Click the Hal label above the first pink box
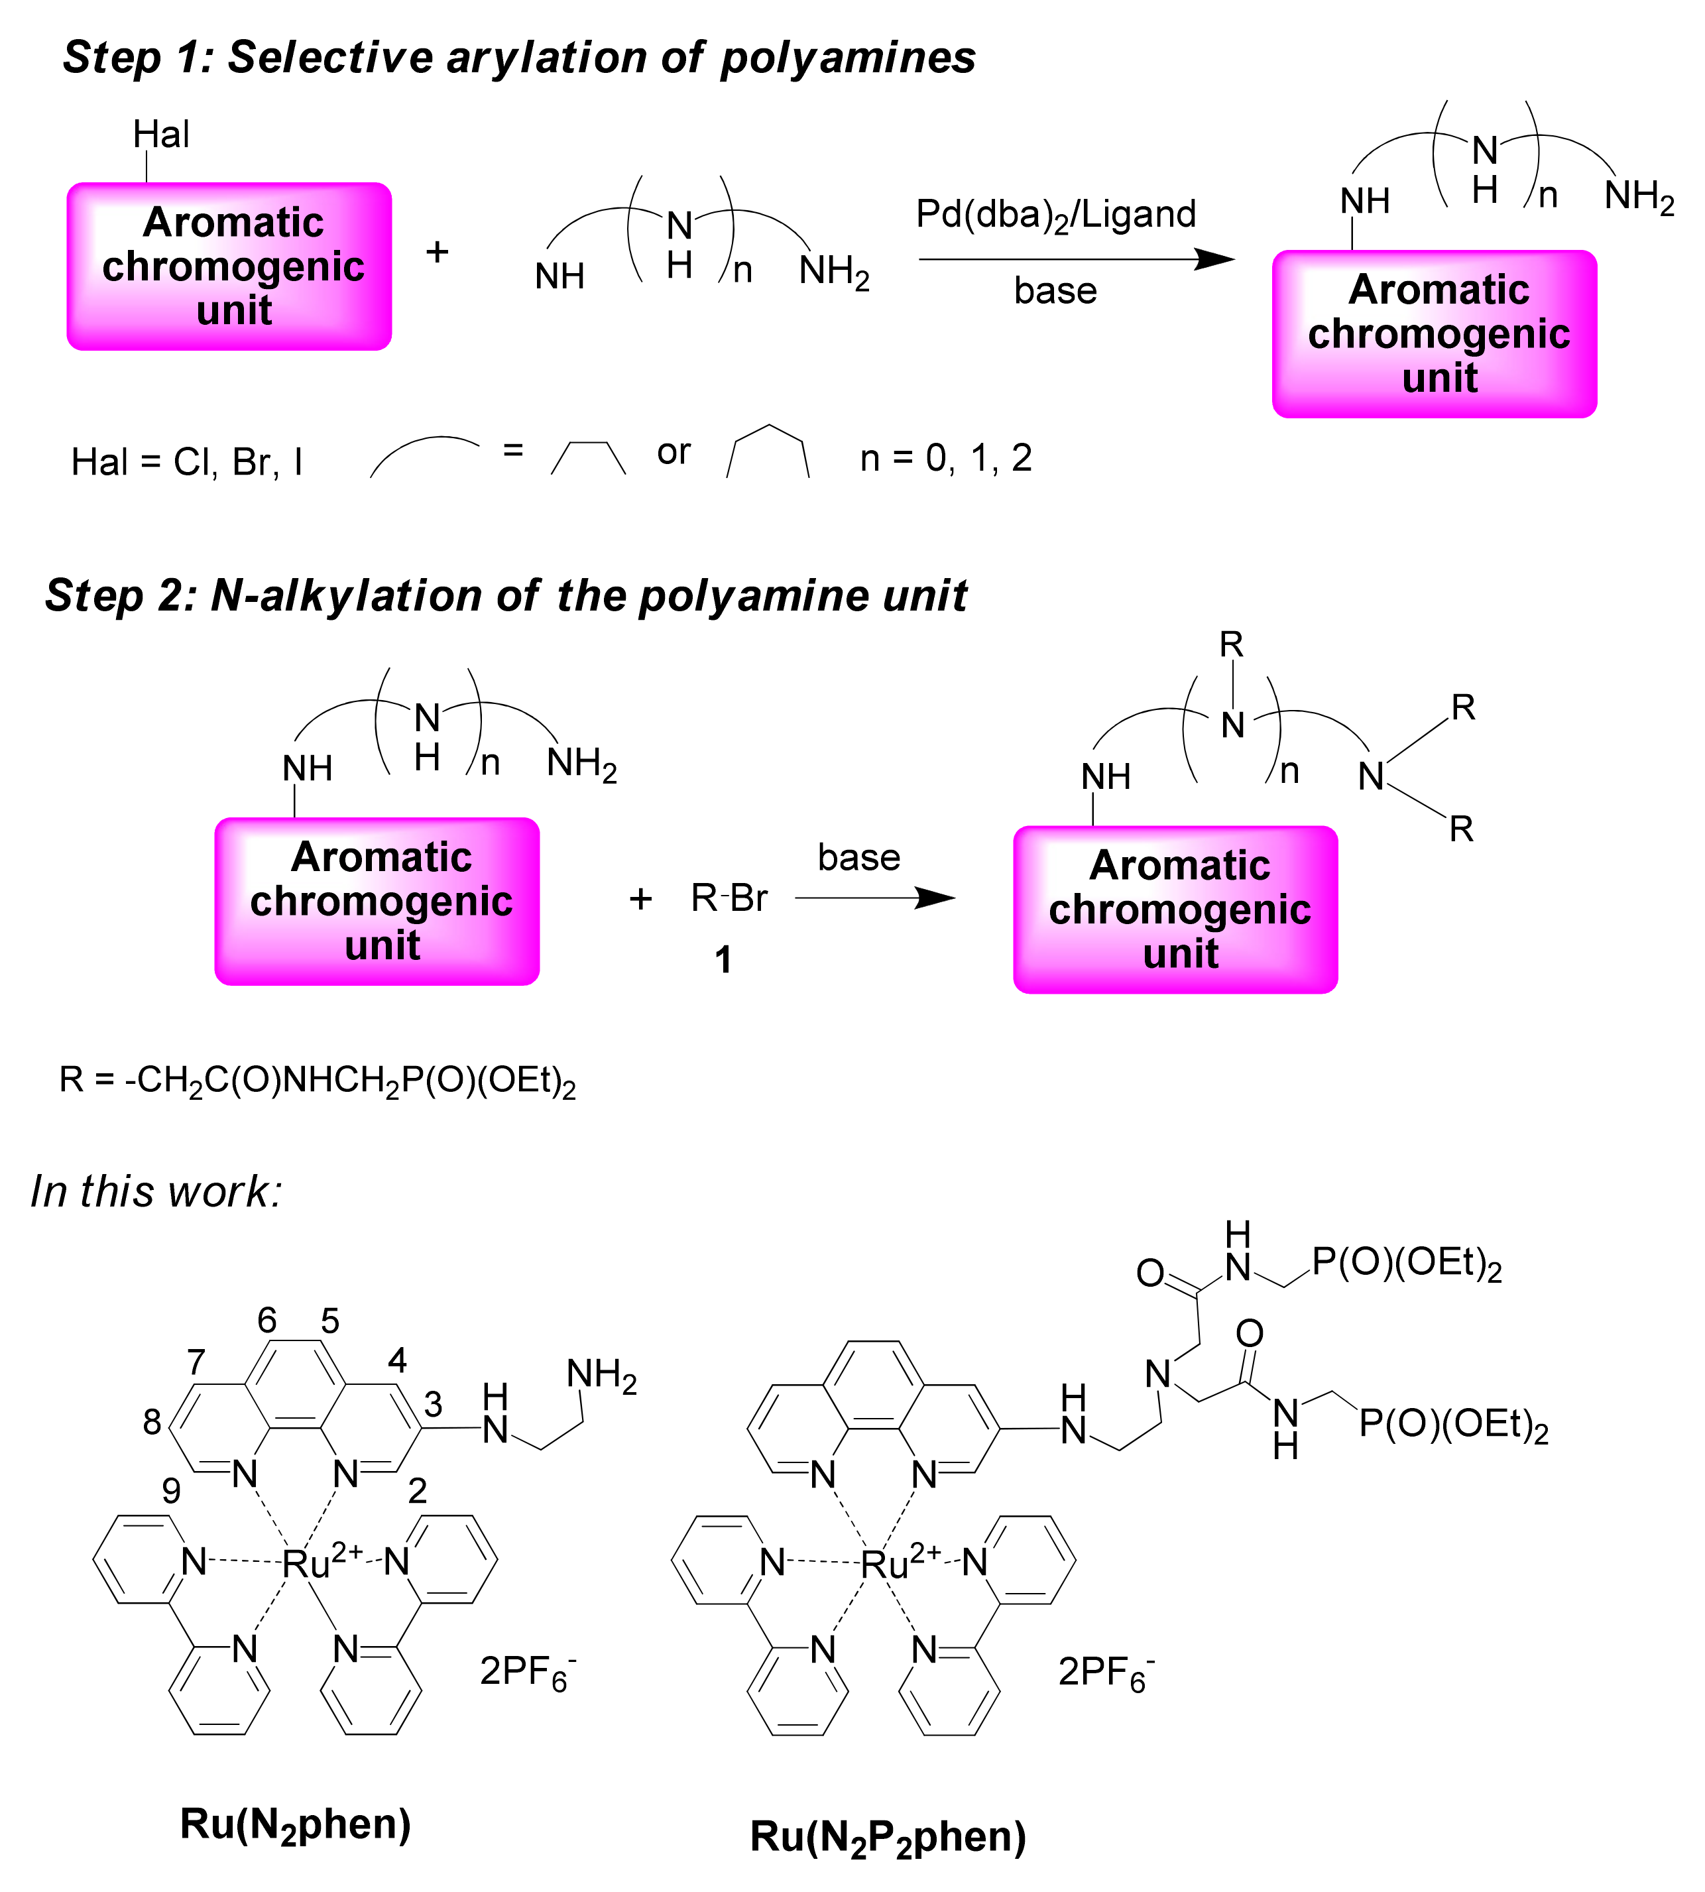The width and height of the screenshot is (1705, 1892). [x=161, y=135]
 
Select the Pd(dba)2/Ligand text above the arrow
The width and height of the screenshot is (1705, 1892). [x=1056, y=215]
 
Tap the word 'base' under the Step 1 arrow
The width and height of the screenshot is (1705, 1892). [x=1055, y=291]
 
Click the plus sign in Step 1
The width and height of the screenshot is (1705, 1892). [x=438, y=252]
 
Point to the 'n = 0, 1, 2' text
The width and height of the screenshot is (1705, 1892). [x=945, y=458]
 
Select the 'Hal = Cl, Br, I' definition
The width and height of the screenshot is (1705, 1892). [x=188, y=463]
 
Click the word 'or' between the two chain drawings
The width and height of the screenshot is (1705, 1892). [x=674, y=452]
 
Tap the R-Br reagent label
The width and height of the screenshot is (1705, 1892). [x=729, y=898]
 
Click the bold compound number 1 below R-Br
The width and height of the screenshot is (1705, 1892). [x=723, y=960]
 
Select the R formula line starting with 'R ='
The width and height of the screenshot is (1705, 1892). [x=317, y=1081]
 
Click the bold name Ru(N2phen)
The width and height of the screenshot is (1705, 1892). [x=295, y=1824]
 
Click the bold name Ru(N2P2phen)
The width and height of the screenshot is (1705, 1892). [x=888, y=1838]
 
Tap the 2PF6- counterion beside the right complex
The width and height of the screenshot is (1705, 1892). [x=1106, y=1672]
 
